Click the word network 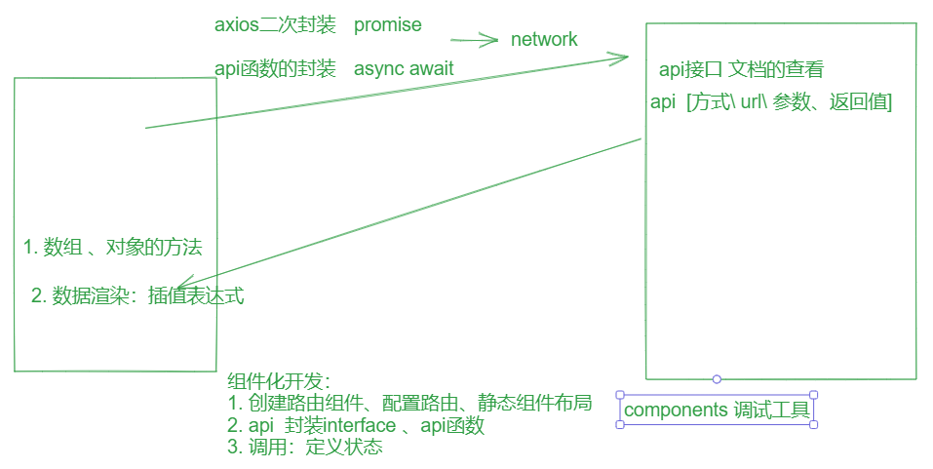point(544,39)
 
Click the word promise point(388,24)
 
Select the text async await point(404,68)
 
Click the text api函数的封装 point(275,68)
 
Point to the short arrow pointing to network point(475,41)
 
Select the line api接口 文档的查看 point(741,69)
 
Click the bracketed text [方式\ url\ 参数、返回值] point(789,101)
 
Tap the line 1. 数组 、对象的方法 point(113,247)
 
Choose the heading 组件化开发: point(279,381)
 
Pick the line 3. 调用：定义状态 point(304,449)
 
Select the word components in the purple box point(675,410)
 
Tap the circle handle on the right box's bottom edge point(717,378)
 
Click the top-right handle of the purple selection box point(813,395)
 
